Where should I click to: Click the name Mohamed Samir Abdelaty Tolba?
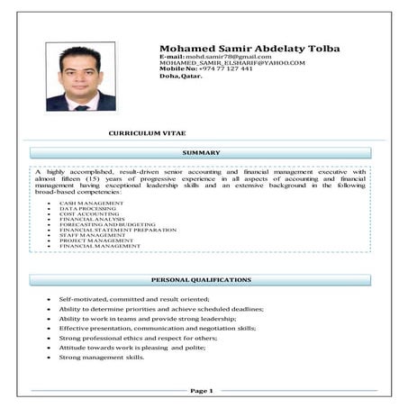[249, 48]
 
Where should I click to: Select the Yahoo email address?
[231, 63]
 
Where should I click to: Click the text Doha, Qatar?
[181, 77]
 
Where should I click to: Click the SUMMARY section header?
[201, 153]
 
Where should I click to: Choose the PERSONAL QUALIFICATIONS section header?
[201, 280]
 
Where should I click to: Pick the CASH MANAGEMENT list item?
[92, 204]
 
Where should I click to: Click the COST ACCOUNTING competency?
[89, 214]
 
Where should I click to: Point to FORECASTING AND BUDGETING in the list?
[107, 224]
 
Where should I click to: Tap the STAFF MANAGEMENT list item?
[93, 235]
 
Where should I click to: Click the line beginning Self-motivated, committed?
[133, 298]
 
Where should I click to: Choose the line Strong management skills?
[101, 358]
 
